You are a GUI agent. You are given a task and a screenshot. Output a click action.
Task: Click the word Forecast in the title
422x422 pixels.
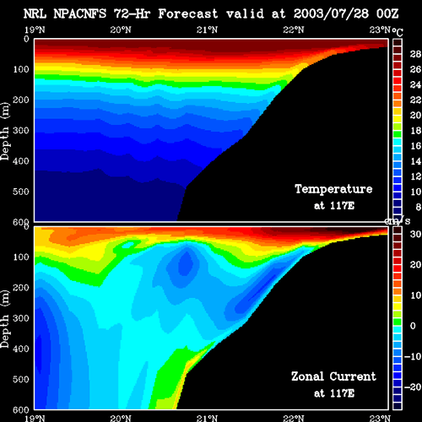coord(188,14)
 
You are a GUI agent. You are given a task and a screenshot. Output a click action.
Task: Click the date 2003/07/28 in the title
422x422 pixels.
coord(331,14)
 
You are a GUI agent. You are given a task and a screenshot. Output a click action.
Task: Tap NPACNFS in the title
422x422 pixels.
coord(80,14)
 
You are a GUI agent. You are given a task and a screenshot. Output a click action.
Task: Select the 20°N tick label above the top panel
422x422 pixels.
coord(121,30)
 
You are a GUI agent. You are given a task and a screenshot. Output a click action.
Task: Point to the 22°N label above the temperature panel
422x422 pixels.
coord(294,30)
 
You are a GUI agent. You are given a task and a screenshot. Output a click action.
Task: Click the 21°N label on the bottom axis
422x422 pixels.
coord(207,419)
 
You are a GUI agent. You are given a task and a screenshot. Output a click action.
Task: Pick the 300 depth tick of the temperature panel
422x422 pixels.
coord(21,131)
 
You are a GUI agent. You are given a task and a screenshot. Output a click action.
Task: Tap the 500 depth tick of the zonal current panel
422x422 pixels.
coord(21,379)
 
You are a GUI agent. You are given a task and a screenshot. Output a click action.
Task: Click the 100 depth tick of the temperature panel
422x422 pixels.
coord(21,69)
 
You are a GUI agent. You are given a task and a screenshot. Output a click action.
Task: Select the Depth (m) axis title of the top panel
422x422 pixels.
coord(5,132)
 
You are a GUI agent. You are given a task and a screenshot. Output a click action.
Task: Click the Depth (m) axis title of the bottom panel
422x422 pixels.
coord(5,319)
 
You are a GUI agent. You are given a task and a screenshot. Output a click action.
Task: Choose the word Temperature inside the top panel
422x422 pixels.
coord(333,189)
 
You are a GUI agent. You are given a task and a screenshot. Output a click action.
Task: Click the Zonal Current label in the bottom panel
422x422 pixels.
coord(333,376)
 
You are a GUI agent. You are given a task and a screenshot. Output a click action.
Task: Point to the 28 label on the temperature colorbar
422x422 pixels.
coord(415,54)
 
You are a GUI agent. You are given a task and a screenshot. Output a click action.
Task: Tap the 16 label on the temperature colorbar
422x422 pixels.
coord(415,146)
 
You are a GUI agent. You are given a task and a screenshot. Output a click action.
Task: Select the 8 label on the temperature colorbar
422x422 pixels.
coord(419,208)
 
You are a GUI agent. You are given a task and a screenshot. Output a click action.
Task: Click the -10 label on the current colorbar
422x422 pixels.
coord(413,356)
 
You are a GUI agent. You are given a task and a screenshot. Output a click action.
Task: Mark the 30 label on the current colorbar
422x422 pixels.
coord(415,234)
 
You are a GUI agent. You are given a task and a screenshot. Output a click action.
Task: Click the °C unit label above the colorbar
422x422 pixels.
coord(398,32)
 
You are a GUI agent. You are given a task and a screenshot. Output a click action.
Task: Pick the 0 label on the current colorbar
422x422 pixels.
coord(413,326)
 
